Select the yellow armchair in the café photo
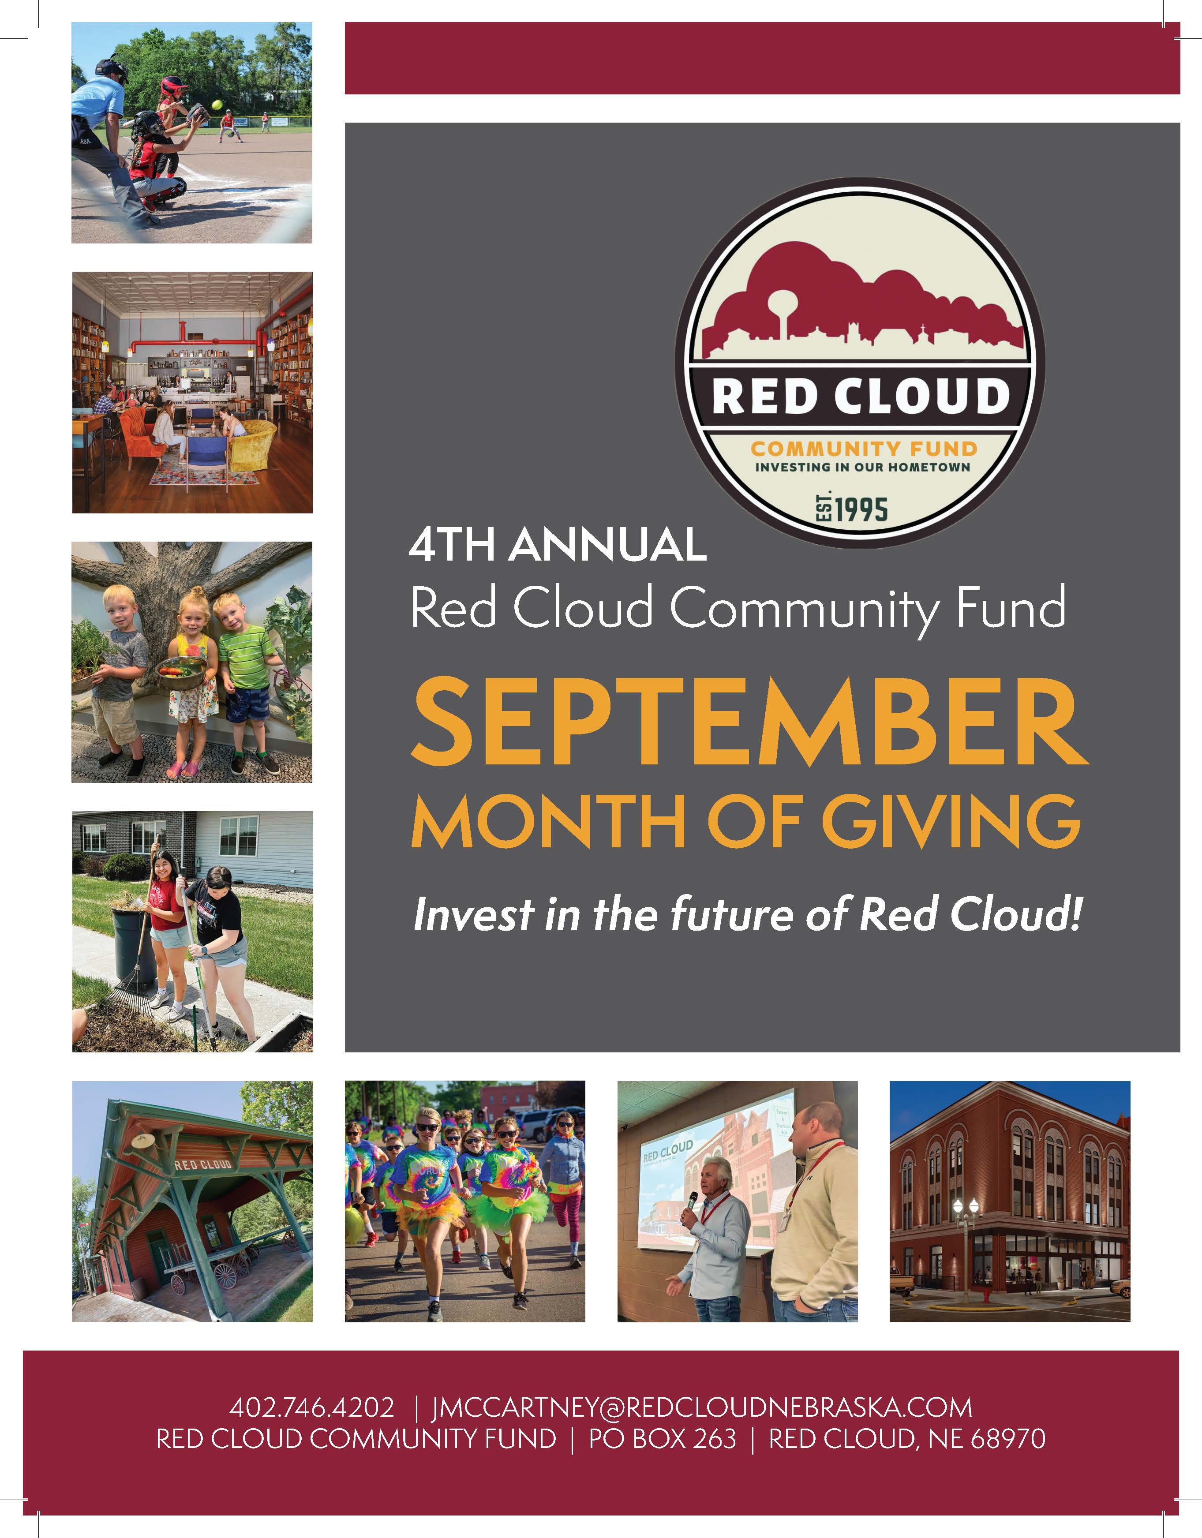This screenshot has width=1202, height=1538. pyautogui.click(x=251, y=444)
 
